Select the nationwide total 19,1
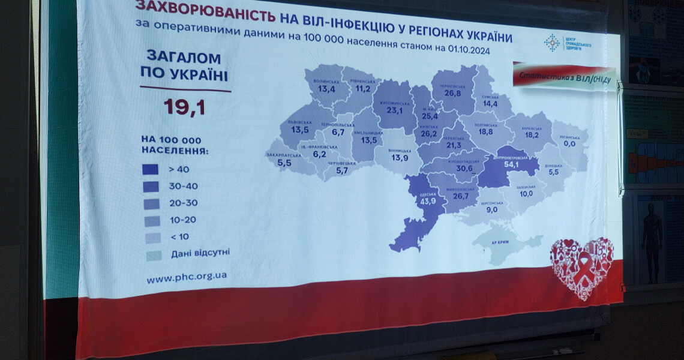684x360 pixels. tap(185, 107)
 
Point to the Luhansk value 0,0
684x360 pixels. tap(569, 144)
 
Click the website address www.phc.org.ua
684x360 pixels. tap(187, 278)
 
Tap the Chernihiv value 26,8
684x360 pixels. tap(453, 94)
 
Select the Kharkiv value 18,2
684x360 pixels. tap(532, 136)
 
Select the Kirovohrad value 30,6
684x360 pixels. tap(464, 169)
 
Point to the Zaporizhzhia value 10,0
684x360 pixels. tap(526, 194)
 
